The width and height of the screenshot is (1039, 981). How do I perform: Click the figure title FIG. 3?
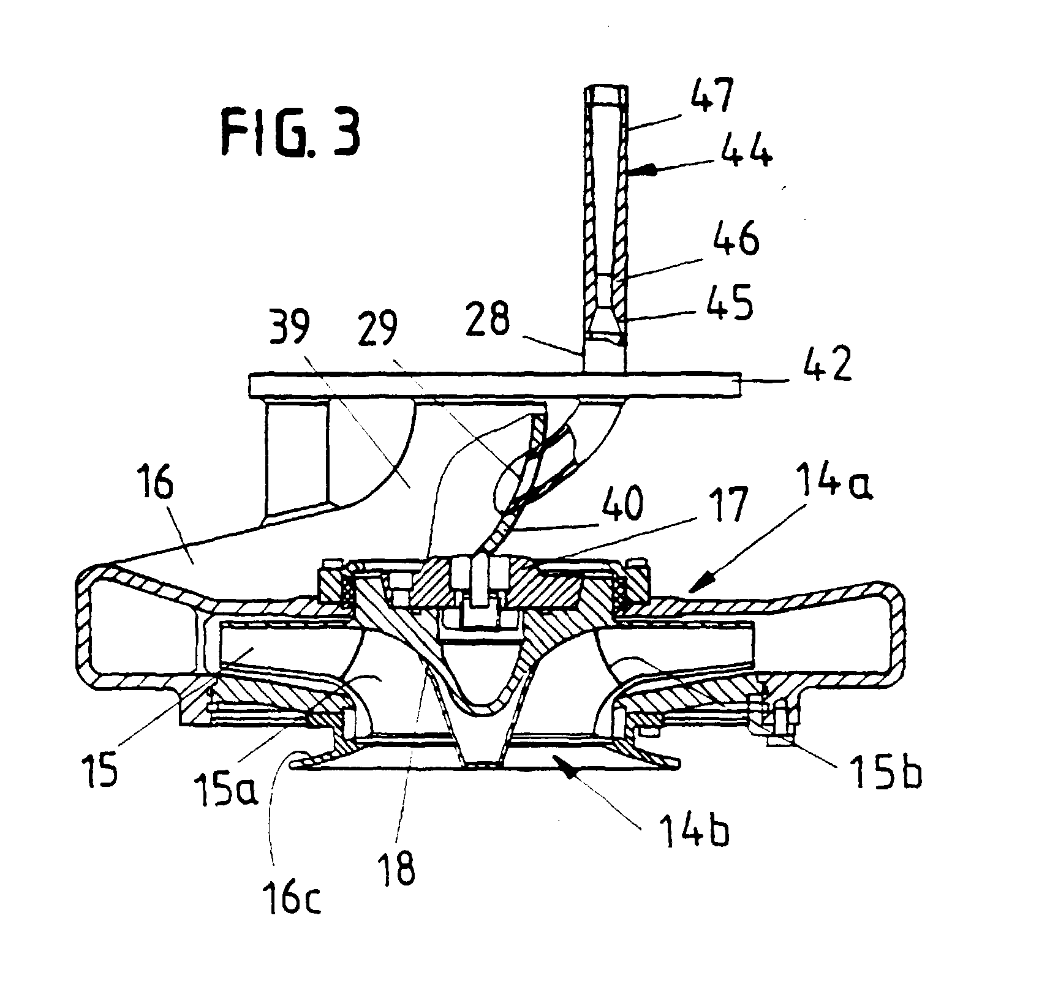coord(290,133)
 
